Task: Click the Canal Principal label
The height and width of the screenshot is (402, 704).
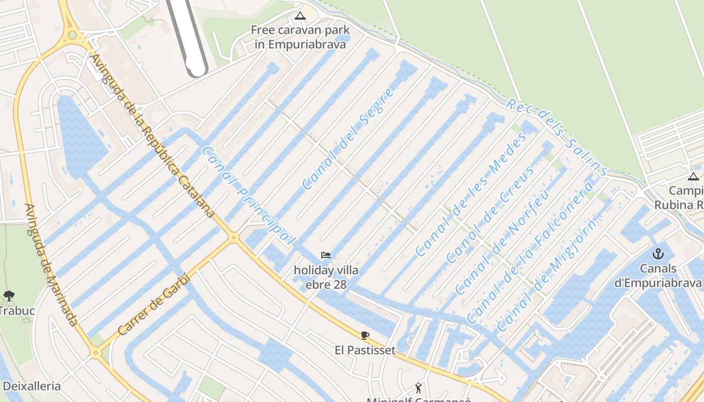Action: (247, 196)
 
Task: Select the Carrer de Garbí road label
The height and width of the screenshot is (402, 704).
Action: (154, 306)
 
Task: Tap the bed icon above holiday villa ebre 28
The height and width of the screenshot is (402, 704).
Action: (326, 255)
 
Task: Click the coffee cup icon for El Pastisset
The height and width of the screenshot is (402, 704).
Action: (365, 335)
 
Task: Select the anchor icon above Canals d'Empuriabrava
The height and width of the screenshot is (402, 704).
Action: (658, 253)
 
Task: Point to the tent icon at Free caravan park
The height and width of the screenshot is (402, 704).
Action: (300, 16)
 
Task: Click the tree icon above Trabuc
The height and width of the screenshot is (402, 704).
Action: (9, 295)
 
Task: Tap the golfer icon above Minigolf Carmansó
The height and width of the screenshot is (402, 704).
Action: (418, 387)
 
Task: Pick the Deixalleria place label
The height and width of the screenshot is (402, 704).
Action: (32, 386)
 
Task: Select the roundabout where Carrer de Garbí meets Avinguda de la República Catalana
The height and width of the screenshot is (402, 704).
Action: (233, 237)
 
